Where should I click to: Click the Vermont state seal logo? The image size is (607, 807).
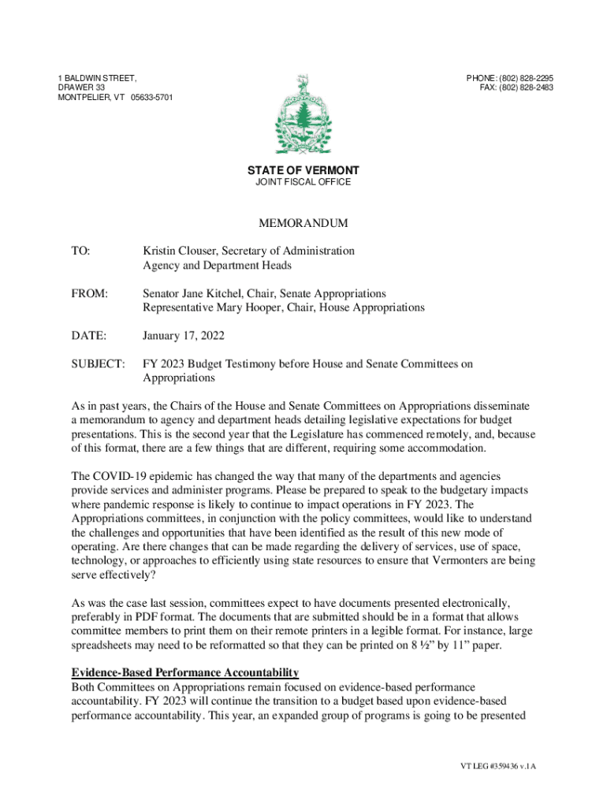[x=303, y=115]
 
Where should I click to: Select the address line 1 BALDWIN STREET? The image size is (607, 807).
[x=97, y=78]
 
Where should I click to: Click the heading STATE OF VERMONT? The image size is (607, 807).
[x=303, y=170]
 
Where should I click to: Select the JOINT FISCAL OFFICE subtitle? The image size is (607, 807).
[x=303, y=182]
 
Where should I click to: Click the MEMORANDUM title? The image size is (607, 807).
[x=303, y=224]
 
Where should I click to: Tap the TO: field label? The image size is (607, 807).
[x=81, y=251]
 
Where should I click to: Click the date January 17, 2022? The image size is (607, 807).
[x=184, y=336]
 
